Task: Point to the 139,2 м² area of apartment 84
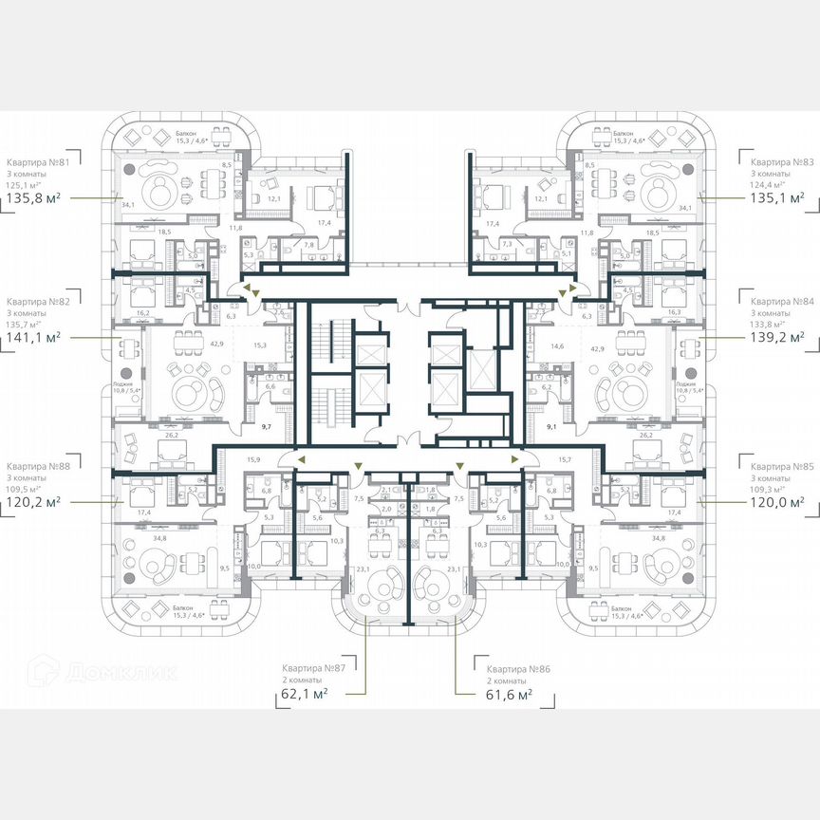click(x=775, y=336)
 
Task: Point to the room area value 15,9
click(x=252, y=459)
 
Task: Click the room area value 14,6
click(x=558, y=348)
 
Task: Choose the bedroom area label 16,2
click(x=143, y=311)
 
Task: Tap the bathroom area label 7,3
click(x=507, y=245)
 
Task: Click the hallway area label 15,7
click(x=566, y=459)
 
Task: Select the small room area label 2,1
click(x=385, y=490)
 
